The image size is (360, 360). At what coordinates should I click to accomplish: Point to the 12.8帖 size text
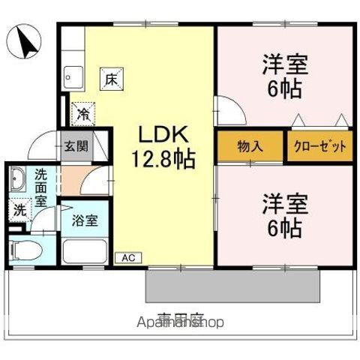coord(165,160)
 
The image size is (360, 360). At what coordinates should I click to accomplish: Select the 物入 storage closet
coord(250,146)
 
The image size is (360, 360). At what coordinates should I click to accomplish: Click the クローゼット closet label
coord(319,146)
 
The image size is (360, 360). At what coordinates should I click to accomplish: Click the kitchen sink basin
coord(73,76)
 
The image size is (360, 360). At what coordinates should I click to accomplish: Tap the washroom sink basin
coord(18,181)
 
